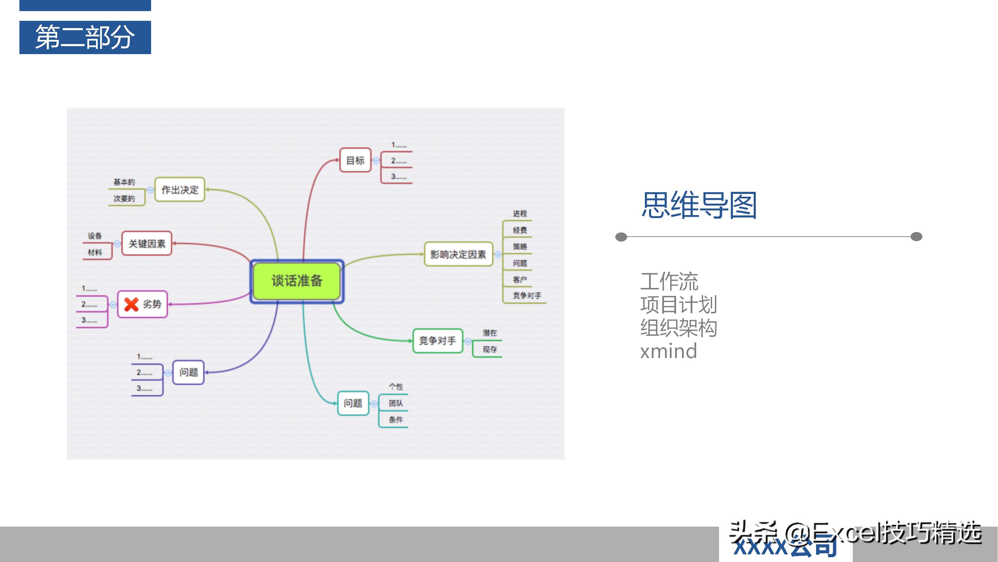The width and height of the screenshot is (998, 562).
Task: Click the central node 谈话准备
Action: (297, 281)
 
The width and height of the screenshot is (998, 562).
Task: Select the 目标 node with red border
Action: (355, 160)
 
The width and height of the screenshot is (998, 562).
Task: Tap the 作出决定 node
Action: (180, 190)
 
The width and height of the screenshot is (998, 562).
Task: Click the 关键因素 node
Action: (147, 244)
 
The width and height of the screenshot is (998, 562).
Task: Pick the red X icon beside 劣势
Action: (131, 305)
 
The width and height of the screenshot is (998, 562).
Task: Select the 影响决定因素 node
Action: (458, 254)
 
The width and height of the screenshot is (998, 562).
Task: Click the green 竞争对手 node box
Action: (438, 341)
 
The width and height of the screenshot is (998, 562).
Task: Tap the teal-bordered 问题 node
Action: (353, 403)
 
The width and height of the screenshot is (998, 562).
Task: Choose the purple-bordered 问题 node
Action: (188, 372)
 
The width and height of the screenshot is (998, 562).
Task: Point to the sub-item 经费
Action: (519, 230)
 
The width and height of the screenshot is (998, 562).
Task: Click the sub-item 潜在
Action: (490, 333)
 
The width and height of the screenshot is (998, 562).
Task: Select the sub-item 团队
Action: (395, 403)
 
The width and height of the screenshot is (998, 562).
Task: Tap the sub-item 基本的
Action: (124, 182)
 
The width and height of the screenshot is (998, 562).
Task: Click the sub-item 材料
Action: (95, 253)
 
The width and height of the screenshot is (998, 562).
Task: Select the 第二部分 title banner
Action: (85, 37)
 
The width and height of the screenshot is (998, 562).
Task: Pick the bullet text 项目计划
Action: (679, 305)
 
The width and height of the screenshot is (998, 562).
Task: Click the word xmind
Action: (668, 351)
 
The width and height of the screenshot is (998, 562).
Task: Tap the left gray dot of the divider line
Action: (621, 237)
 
